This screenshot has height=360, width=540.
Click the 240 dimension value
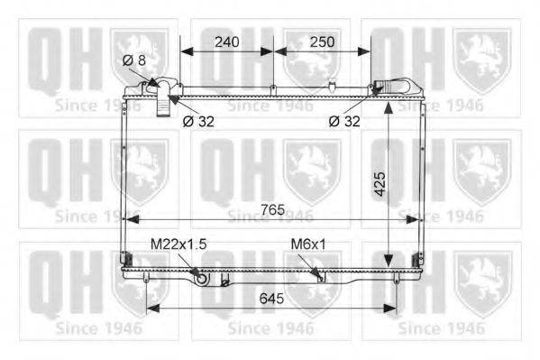click(x=226, y=42)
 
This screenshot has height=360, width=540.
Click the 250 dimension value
click(x=322, y=42)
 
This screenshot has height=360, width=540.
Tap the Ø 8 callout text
click(x=134, y=60)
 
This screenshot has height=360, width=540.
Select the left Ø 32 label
click(x=198, y=121)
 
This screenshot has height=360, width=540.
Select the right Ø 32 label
click(x=344, y=121)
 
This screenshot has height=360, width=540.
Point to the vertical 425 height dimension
click(x=380, y=184)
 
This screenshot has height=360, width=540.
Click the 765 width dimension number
click(x=273, y=209)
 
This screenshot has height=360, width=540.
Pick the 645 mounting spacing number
click(x=271, y=299)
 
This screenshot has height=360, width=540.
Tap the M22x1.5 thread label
click(x=178, y=245)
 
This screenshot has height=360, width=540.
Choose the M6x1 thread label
click(x=308, y=245)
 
